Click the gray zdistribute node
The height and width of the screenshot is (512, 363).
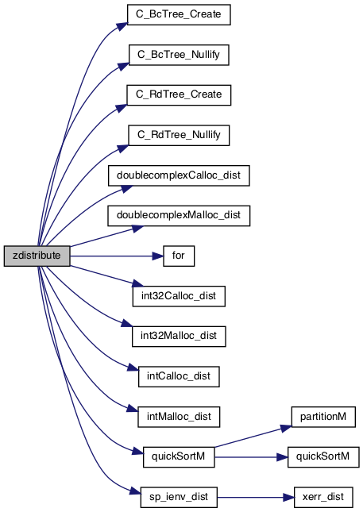(37, 256)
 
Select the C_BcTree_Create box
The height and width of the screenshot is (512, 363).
(179, 15)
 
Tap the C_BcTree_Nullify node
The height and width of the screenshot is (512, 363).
(179, 55)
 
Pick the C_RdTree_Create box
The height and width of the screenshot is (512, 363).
(179, 95)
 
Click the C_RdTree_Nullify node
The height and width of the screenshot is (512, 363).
(179, 135)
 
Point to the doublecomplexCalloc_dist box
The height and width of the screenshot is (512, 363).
(179, 175)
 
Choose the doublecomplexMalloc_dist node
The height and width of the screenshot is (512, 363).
(179, 216)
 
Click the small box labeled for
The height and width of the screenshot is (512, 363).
(179, 256)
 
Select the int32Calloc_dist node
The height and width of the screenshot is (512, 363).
(179, 296)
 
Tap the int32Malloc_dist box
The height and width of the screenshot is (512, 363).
(179, 337)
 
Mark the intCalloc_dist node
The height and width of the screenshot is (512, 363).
(179, 376)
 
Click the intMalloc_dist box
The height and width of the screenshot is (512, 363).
(179, 417)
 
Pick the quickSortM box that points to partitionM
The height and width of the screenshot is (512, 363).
(179, 456)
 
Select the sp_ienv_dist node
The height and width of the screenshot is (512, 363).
(179, 497)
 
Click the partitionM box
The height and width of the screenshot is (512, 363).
(323, 417)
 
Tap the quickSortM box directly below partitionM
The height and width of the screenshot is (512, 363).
(323, 456)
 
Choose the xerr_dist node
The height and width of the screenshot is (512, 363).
(323, 497)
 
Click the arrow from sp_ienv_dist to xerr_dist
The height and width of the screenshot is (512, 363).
(256, 498)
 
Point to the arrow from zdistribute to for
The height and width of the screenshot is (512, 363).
(117, 256)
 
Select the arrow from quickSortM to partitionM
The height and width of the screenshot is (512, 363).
(253, 437)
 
